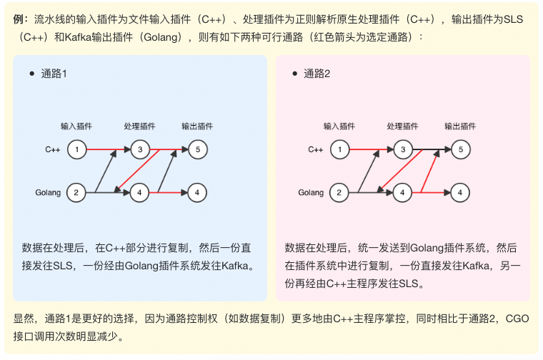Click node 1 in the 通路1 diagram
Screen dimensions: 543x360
pyautogui.click(x=76, y=149)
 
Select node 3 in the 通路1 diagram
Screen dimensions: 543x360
pyautogui.click(x=140, y=149)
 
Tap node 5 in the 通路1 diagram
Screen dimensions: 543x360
pyautogui.click(x=198, y=149)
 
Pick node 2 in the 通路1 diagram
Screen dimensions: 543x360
pyautogui.click(x=76, y=193)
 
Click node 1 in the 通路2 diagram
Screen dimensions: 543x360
pyautogui.click(x=339, y=149)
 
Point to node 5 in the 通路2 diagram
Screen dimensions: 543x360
pyautogui.click(x=461, y=149)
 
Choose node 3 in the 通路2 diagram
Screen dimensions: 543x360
pyautogui.click(x=403, y=149)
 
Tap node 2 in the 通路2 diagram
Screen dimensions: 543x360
pyautogui.click(x=339, y=193)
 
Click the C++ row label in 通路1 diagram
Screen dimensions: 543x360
pyautogui.click(x=53, y=149)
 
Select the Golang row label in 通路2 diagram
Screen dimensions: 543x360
pyautogui.click(x=311, y=192)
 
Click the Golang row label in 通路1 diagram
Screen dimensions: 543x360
pyautogui.click(x=48, y=192)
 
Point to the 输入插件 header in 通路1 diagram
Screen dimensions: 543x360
pyautogui.click(x=76, y=126)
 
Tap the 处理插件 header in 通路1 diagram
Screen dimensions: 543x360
pyautogui.click(x=139, y=126)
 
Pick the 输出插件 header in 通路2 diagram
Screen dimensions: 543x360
pyautogui.click(x=460, y=126)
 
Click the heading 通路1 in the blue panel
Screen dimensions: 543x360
pyautogui.click(x=54, y=74)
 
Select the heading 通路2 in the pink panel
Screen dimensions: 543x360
pyautogui.click(x=317, y=74)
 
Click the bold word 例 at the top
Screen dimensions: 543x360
pyautogui.click(x=19, y=19)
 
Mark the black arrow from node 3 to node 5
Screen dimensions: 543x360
pyautogui.click(x=432, y=149)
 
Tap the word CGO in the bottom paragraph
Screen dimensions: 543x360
pyautogui.click(x=517, y=319)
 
